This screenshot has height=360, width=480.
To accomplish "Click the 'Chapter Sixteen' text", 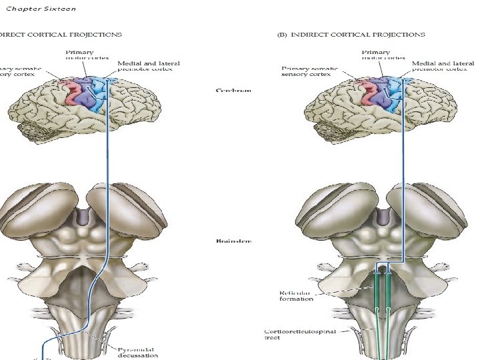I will (x=41, y=9).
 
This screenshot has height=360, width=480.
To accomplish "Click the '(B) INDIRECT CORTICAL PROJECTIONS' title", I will (x=351, y=34).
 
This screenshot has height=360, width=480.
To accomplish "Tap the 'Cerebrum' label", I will (x=234, y=91).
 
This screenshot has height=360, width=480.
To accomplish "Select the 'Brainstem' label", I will (x=234, y=241).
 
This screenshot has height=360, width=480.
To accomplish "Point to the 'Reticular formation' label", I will (x=296, y=295).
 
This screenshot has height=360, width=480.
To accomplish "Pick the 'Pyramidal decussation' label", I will (x=139, y=352).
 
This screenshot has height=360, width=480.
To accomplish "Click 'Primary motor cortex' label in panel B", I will (x=377, y=55).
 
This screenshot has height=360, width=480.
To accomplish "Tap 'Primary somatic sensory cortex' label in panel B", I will (x=310, y=71).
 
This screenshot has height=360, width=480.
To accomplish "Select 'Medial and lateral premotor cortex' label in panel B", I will (x=440, y=65).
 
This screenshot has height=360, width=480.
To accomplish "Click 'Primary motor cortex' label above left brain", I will (x=80, y=55).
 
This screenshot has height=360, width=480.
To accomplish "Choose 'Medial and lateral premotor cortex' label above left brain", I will (x=148, y=65).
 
